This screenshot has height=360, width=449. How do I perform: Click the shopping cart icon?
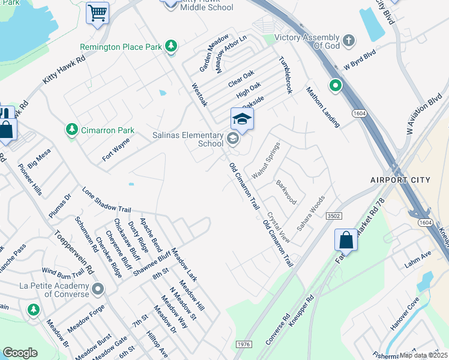click(x=97, y=13)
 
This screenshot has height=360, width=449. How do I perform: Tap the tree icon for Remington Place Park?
click(x=172, y=46)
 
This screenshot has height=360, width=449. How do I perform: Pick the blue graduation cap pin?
click(x=242, y=119)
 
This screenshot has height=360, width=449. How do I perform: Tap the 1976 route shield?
click(x=244, y=344)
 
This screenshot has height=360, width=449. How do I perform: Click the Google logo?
click(x=20, y=352)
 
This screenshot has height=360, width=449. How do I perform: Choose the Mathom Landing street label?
click(x=323, y=107)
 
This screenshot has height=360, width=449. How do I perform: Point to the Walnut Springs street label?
click(x=266, y=160)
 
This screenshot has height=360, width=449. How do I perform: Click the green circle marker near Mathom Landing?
click(x=334, y=86)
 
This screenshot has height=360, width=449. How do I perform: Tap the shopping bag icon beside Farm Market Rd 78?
click(x=346, y=240)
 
